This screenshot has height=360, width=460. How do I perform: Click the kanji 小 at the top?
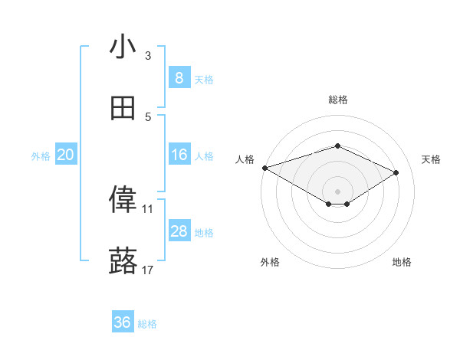click(123, 47)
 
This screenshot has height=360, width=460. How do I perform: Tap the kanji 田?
click(123, 109)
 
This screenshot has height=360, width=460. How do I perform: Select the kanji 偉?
click(123, 201)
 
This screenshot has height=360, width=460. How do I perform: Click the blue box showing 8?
click(179, 77)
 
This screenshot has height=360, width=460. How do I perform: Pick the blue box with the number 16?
click(179, 155)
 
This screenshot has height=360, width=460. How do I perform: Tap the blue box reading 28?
click(179, 231)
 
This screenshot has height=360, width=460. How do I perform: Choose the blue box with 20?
click(65, 155)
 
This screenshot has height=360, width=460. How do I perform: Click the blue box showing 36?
click(123, 322)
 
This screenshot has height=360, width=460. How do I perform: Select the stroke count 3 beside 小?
click(148, 55)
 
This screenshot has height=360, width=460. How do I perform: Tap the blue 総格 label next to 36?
click(147, 324)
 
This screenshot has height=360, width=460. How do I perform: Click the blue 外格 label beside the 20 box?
click(40, 155)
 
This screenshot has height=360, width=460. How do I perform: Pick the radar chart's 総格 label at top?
click(337, 100)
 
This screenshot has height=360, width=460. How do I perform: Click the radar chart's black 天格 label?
click(431, 159)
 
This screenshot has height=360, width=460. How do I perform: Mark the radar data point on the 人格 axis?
click(264, 167)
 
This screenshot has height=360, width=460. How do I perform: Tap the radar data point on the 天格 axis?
click(396, 173)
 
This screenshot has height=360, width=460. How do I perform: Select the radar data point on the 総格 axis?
click(337, 146)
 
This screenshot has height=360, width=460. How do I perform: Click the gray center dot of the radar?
click(337, 191)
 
